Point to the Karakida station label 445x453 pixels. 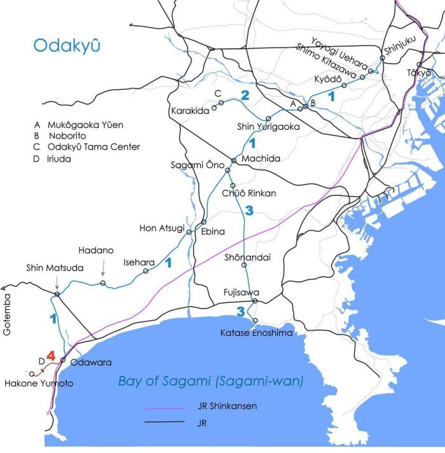190,111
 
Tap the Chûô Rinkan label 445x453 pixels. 249,193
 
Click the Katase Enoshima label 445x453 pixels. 252,333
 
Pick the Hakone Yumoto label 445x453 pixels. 38,384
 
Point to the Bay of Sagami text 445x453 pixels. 210,381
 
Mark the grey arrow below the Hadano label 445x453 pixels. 104,274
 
